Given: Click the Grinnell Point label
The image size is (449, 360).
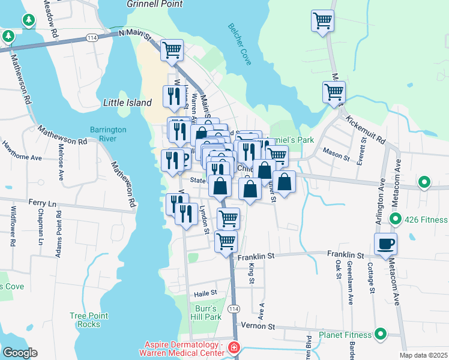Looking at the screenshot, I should pos(154,4).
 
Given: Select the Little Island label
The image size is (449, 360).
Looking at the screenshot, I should pos(127,103).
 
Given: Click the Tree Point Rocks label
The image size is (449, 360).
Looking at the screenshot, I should pos(89,320).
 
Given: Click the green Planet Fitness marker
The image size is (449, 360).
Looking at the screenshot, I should pos(380,334).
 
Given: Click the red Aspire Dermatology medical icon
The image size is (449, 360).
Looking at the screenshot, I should pos(234,348).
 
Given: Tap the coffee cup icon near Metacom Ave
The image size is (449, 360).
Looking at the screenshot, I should pos(385,244).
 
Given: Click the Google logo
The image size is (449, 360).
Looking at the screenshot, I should pos(20,353).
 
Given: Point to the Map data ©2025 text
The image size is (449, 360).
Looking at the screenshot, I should pos(423,355).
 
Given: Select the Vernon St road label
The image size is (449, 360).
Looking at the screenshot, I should pos(258,326).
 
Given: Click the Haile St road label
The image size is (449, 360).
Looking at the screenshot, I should pos(205,294).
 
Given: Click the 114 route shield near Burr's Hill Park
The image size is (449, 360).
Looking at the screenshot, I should pos(234,308).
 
